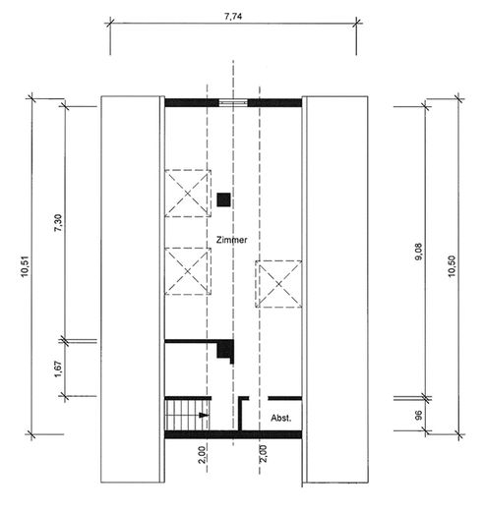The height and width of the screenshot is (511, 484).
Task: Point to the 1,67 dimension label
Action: tap(56, 368)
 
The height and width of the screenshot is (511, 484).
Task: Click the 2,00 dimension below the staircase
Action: tap(200, 453)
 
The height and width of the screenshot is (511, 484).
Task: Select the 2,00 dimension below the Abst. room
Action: tap(263, 453)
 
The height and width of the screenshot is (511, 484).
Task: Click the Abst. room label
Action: tap(281, 418)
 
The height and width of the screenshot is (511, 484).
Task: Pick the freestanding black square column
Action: tap(224, 199)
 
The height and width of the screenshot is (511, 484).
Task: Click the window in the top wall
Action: tap(233, 102)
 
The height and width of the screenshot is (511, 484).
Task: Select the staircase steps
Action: tap(186, 414)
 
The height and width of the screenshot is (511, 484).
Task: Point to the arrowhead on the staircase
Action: tap(203, 417)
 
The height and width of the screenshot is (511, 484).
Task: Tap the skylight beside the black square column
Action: tap(187, 192)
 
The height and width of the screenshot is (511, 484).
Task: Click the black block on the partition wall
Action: tap(225, 350)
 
